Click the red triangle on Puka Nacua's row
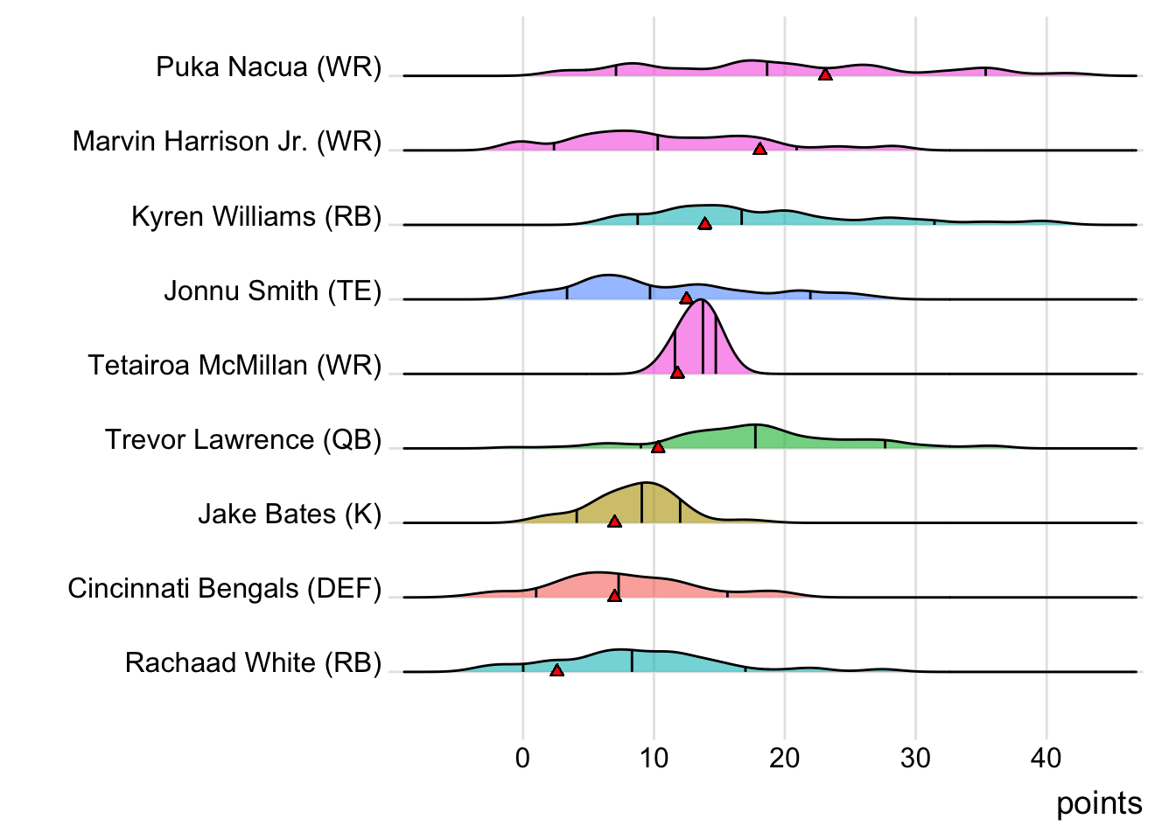click(825, 74)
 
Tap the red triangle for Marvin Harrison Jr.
click(759, 149)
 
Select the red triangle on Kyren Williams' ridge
click(704, 224)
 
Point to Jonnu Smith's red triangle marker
click(686, 298)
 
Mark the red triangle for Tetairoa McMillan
click(676, 373)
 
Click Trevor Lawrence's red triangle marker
click(658, 447)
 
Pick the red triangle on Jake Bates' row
click(614, 521)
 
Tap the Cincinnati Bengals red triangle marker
click(614, 596)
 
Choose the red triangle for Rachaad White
click(556, 670)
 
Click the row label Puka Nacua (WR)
click(269, 67)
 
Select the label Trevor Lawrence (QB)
click(243, 439)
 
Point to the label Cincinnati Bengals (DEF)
click(225, 588)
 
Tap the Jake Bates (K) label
click(290, 514)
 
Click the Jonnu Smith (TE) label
click(272, 290)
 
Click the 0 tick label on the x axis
click(522, 758)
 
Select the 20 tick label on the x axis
click(784, 758)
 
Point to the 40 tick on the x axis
click(1046, 758)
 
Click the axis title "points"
click(1098, 803)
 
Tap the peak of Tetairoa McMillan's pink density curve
click(702, 300)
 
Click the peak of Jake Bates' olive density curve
click(645, 483)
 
